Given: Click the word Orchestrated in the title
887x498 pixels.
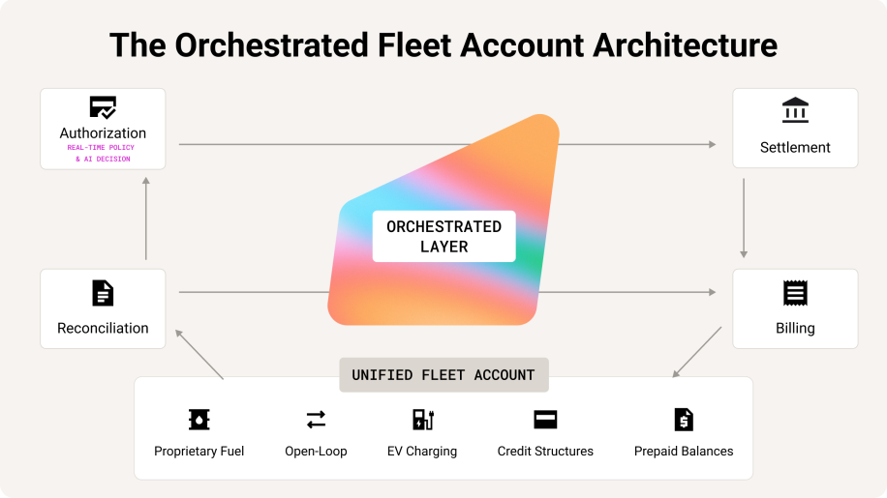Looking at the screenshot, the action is pos(271,45).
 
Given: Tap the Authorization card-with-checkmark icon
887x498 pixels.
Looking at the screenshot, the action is pos(103,107).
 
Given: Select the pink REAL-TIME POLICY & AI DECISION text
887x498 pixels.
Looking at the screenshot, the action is pos(102,153).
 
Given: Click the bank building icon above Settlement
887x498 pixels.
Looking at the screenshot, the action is pos(795,109).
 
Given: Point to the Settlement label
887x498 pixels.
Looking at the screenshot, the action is pos(795,147).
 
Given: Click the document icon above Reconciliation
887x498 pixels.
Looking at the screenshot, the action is pos(103,293).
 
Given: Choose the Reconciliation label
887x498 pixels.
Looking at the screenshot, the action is pos(103,328).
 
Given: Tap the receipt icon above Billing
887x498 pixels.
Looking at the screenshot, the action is pos(795,293).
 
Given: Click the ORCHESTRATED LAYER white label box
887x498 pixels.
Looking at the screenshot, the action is pos(444,236).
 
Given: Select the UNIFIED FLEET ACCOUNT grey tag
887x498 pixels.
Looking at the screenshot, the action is pos(444,375).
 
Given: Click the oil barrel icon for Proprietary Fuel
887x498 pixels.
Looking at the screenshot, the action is pos(199,420).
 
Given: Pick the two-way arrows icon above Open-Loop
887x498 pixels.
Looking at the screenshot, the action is pos(316,420).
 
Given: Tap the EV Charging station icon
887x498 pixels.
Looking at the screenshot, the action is pos(422,420).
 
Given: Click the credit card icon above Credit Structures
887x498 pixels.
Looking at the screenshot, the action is pos(545,420).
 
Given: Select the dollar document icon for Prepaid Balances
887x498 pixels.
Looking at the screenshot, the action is pos(684,420).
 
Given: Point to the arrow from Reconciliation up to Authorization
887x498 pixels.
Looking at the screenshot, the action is pos(146,219).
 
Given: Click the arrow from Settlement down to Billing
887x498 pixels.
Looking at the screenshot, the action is pos(744,219).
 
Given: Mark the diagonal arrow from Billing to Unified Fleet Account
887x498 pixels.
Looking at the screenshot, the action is pos(696,352).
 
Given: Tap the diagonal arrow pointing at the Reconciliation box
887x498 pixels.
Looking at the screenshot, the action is pos(199,355).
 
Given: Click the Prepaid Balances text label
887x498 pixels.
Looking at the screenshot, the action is pos(684,452).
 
